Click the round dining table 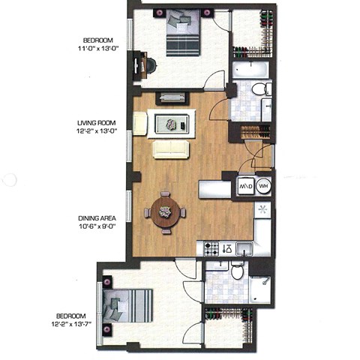click(164, 211)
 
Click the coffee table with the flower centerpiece click(172, 122)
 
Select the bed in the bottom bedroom click(125, 307)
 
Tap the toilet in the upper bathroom click(259, 90)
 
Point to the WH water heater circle click(263, 186)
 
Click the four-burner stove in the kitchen click(211, 247)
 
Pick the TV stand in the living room click(169, 97)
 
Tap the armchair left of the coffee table click(140, 122)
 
